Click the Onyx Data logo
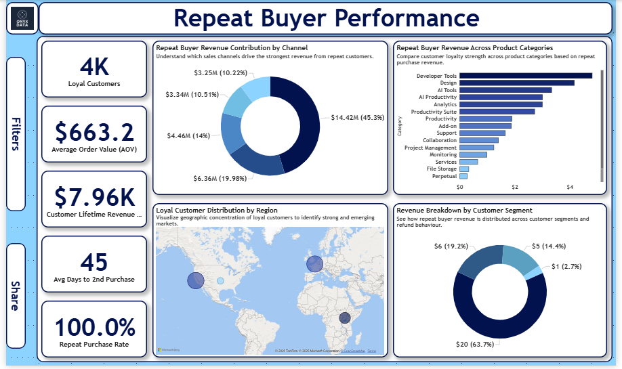20,18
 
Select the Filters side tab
16,133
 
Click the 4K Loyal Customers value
94,67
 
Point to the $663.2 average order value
94,131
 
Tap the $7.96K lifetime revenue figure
94,197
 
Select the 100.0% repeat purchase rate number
94,328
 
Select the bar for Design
517,83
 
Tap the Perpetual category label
444,176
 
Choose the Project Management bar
477,148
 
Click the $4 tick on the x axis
570,187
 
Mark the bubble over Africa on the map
345,318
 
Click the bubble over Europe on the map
314,264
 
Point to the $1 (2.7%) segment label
566,267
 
